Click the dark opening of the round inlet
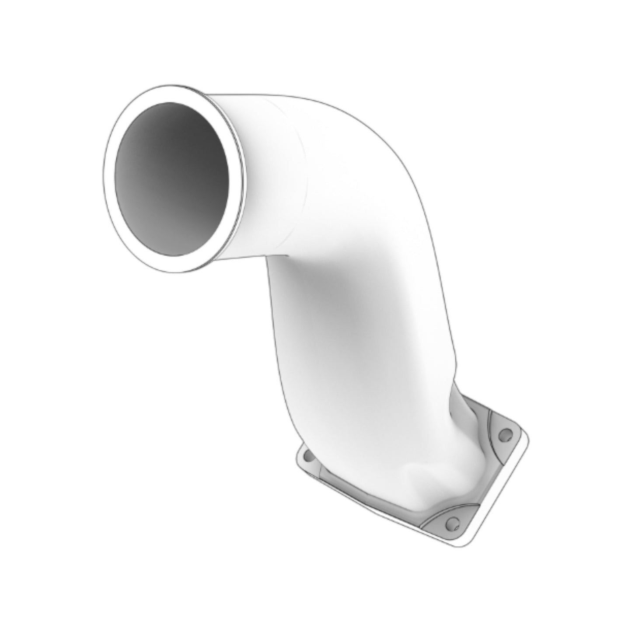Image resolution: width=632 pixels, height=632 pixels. pyautogui.click(x=171, y=178)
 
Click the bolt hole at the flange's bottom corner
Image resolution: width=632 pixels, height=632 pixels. pyautogui.click(x=451, y=523)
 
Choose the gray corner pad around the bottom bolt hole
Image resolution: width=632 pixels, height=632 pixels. pyautogui.click(x=446, y=518)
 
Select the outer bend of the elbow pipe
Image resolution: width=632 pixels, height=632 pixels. pyautogui.click(x=394, y=144)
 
